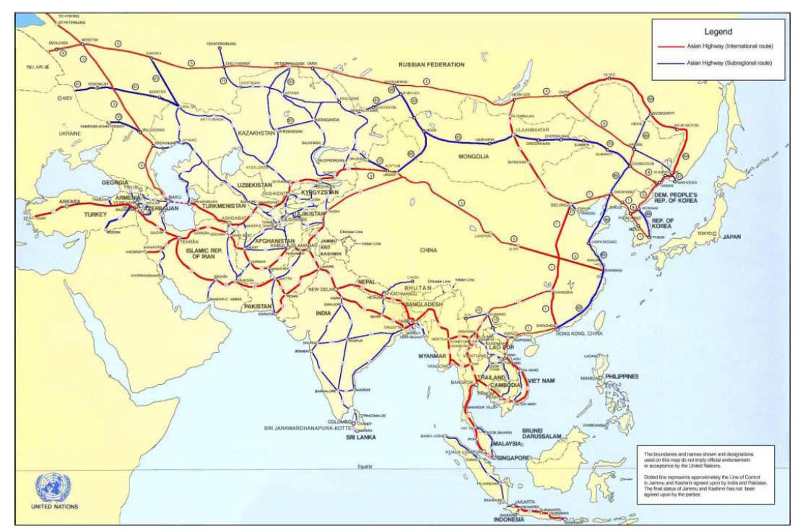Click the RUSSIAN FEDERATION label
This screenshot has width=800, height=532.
[432, 65]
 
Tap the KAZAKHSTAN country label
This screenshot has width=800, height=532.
[258, 134]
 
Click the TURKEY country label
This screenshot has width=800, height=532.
[94, 215]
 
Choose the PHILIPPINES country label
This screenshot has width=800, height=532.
[622, 376]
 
